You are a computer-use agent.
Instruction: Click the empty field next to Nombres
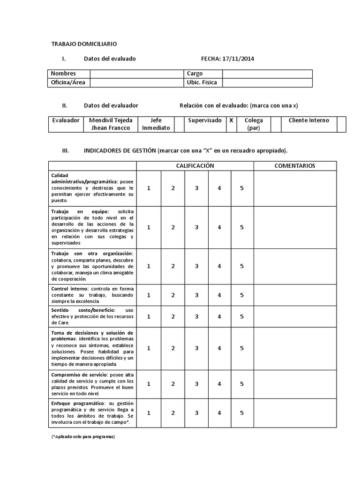click(x=136, y=74)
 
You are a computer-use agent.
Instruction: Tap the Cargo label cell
click(x=203, y=74)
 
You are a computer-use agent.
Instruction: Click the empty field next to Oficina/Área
click(x=136, y=82)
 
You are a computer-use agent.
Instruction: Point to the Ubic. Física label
click(x=203, y=82)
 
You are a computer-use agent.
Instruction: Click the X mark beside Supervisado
click(x=231, y=120)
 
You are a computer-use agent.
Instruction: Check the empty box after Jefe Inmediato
click(x=179, y=124)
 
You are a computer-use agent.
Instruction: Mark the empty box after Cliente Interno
click(x=341, y=124)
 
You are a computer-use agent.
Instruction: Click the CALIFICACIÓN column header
click(x=195, y=166)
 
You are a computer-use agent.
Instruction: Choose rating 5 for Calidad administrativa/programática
click(x=242, y=188)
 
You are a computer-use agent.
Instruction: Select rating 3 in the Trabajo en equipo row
click(x=197, y=227)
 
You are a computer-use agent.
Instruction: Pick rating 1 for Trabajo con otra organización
click(x=149, y=266)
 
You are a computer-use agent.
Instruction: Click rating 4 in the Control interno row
click(x=219, y=295)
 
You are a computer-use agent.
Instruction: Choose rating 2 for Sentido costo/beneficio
click(x=173, y=316)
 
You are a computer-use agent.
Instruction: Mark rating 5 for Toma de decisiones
click(x=242, y=348)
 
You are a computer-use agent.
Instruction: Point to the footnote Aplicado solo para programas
click(x=82, y=436)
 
